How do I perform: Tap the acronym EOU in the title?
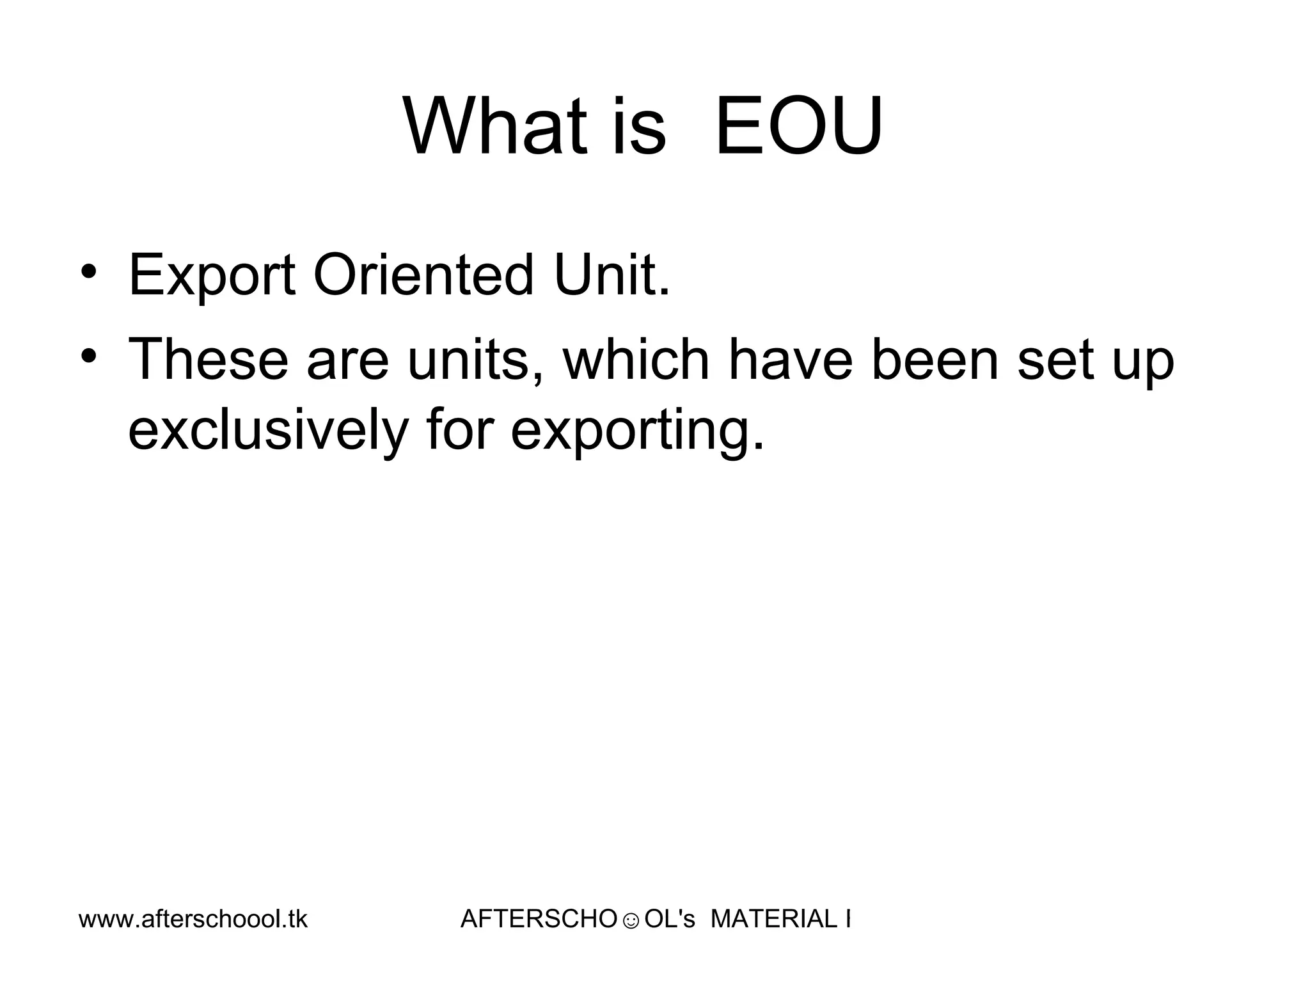pos(799,126)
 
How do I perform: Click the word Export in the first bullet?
pos(212,276)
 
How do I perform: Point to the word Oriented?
pos(423,276)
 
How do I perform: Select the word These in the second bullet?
pos(209,360)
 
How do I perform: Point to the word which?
pos(636,360)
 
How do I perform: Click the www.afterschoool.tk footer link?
pos(193,920)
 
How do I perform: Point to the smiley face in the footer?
pos(630,922)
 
